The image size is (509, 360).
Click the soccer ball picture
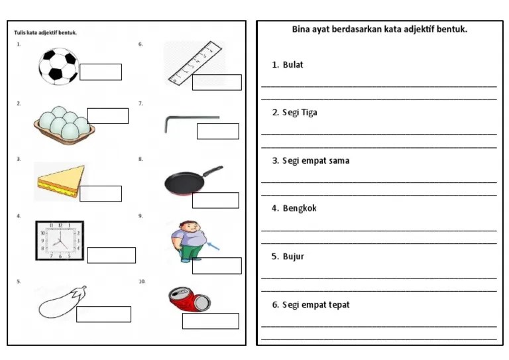(x=58, y=66)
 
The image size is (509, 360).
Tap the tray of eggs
(x=64, y=125)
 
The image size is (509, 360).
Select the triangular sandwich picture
(x=61, y=182)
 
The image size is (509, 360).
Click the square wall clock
(x=60, y=241)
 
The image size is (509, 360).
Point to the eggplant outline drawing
(x=62, y=302)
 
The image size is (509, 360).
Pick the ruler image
(x=195, y=63)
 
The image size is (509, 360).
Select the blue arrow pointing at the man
(x=213, y=247)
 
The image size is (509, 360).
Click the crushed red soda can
(x=190, y=299)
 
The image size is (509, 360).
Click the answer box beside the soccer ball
(x=101, y=72)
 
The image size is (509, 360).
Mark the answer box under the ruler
(x=217, y=82)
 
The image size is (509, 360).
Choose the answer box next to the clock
(x=111, y=255)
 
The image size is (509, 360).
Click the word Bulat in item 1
(x=293, y=64)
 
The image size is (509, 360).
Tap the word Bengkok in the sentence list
(x=300, y=208)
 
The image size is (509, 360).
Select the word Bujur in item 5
(x=294, y=257)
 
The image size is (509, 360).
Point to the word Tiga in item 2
(x=310, y=113)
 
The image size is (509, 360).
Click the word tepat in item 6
(x=339, y=305)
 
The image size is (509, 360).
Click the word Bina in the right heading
(x=301, y=29)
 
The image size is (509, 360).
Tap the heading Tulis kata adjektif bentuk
(x=46, y=32)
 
